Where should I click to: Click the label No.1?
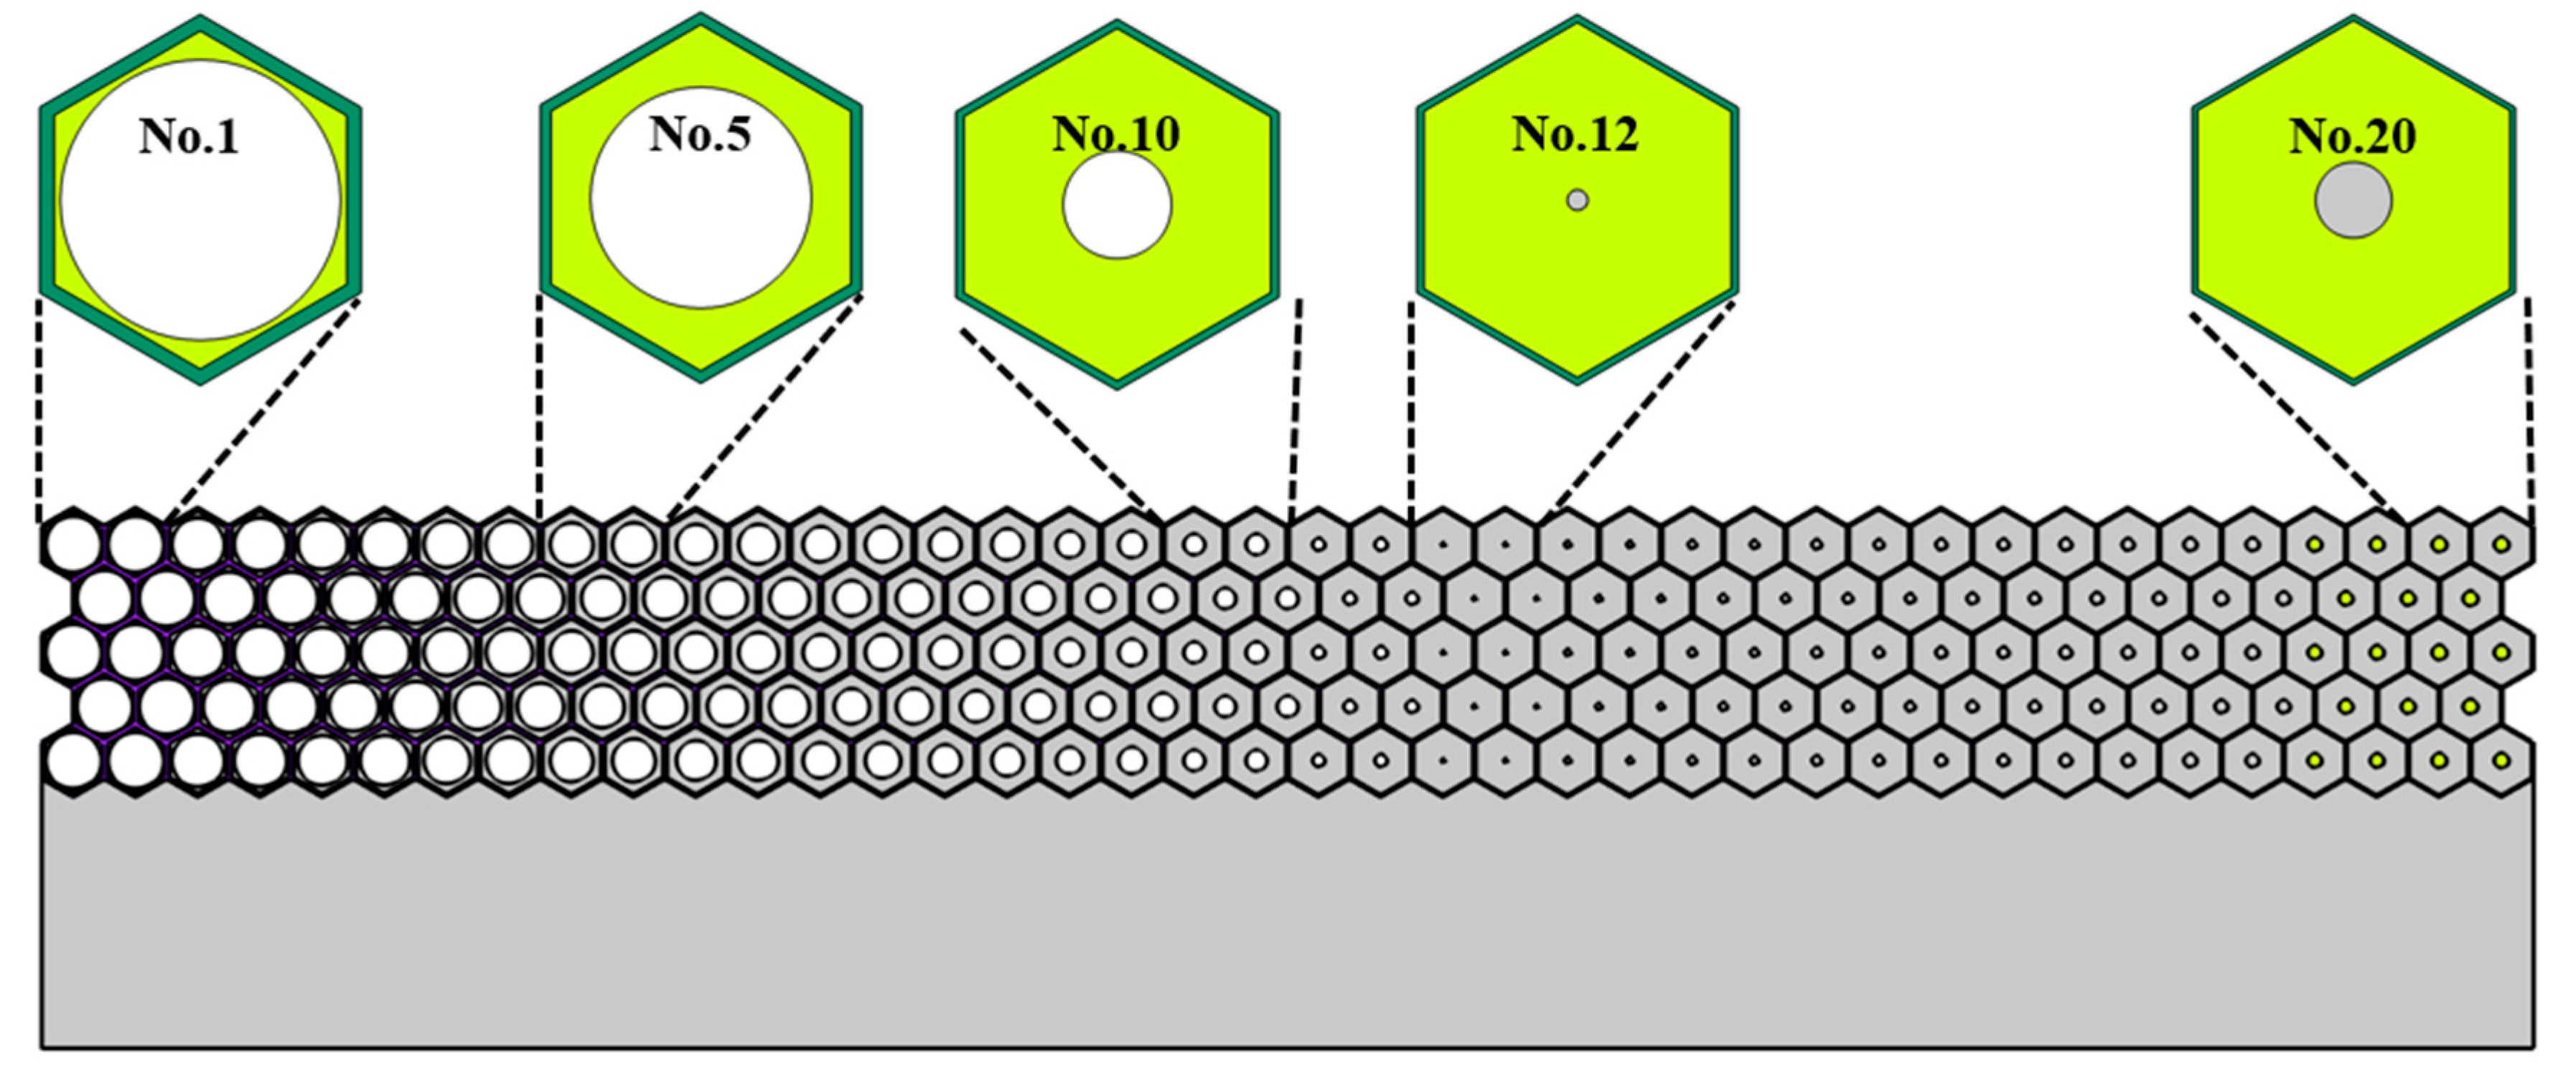[x=189, y=136]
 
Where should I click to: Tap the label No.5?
[x=700, y=134]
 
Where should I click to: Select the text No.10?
[x=1116, y=134]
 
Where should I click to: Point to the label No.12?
[x=1575, y=134]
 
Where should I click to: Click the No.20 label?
[x=2353, y=136]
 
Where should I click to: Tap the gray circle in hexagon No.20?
[x=2353, y=201]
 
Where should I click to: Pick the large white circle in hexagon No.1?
[x=200, y=239]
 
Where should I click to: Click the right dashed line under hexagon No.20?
[x=2529, y=408]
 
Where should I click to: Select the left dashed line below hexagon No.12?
[x=1411, y=408]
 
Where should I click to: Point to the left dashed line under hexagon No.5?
[x=540, y=408]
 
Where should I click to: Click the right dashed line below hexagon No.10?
[x=1296, y=408]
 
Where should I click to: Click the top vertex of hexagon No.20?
[x=2353, y=18]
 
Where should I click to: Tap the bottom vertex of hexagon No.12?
[x=1576, y=381]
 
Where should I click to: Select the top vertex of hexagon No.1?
[x=200, y=18]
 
